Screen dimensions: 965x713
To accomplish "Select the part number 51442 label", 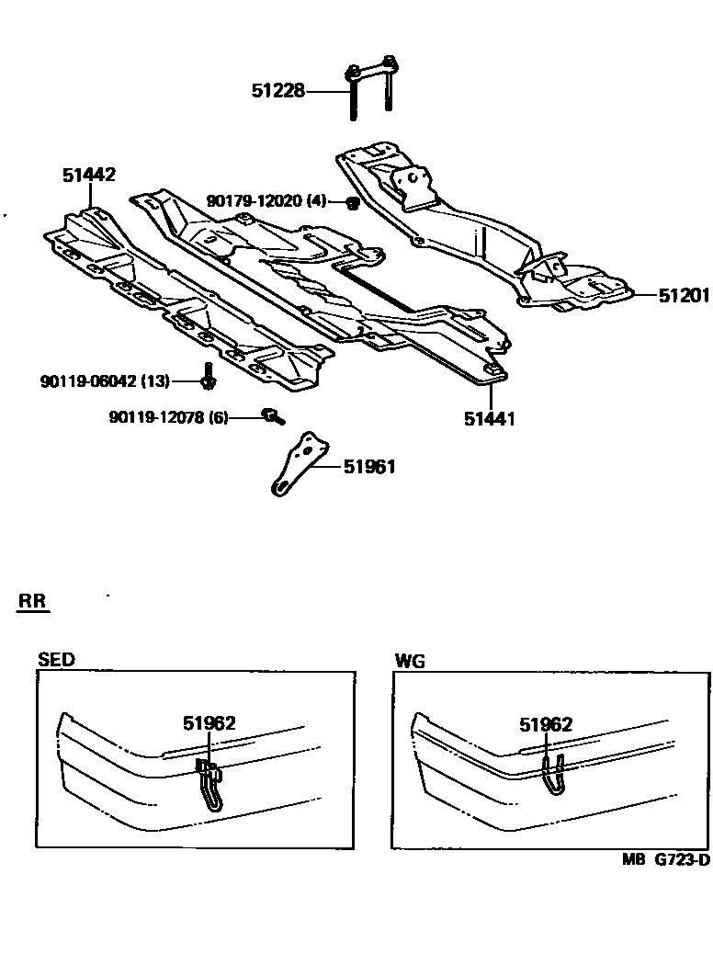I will coord(89,175).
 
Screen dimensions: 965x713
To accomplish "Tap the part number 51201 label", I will coord(684,295).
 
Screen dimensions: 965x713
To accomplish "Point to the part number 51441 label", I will coord(489,418).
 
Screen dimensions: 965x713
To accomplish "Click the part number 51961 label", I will coord(369,467).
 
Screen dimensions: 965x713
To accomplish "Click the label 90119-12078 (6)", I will coord(168,417).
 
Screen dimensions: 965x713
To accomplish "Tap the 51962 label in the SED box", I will coord(209,723).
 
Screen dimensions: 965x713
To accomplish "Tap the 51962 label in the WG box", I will coord(546,724).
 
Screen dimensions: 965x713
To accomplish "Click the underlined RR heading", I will coord(34,602).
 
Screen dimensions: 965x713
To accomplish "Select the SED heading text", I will coord(56,660).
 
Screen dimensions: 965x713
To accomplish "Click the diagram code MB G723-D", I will coord(665,860).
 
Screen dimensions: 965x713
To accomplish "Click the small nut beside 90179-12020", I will coord(350,202).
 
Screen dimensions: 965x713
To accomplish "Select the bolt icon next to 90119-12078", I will coord(272,417).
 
